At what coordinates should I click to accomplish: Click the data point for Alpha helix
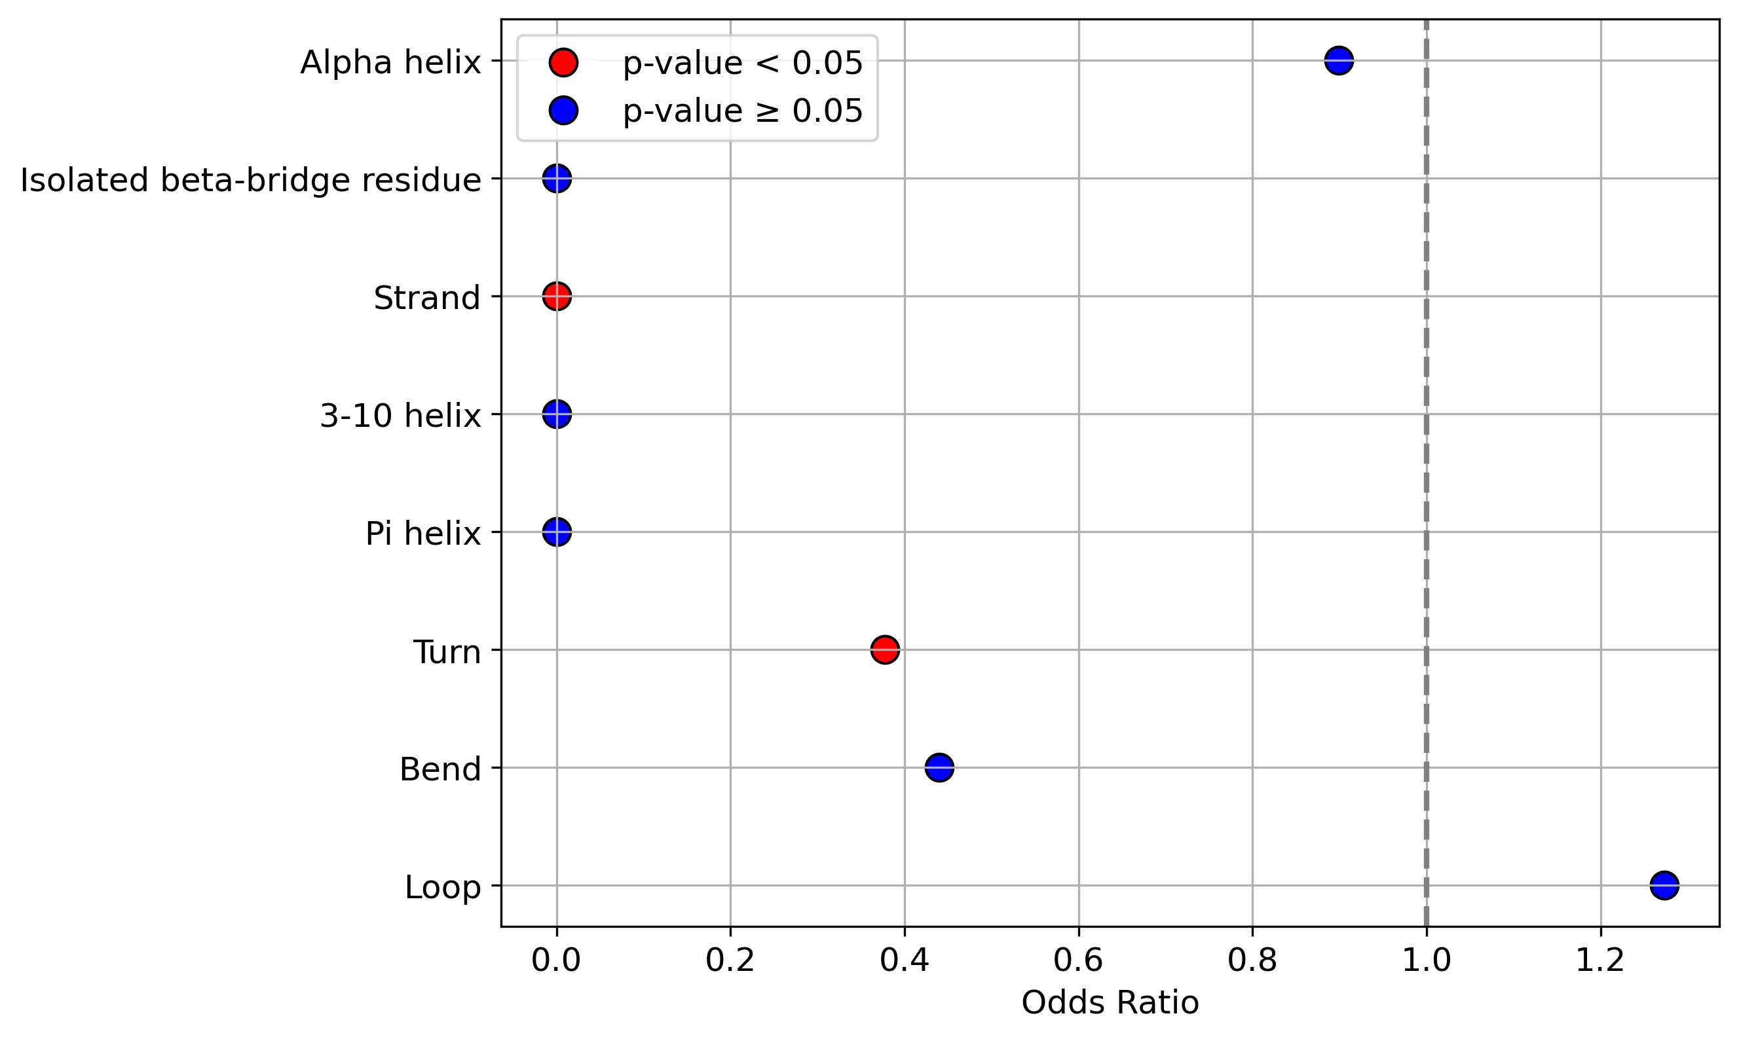[1338, 61]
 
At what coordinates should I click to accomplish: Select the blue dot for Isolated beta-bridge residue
[557, 179]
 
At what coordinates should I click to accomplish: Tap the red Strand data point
[557, 296]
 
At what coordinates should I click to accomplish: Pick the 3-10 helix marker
[557, 414]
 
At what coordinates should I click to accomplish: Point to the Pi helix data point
[557, 532]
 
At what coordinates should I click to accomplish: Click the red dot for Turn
[886, 649]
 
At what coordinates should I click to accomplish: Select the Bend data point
[939, 767]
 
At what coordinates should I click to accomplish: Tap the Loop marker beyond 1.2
[1664, 886]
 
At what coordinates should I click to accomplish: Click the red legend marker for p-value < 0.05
[564, 62]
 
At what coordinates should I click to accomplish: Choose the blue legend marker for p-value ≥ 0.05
[564, 111]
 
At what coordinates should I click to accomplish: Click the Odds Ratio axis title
[1110, 1003]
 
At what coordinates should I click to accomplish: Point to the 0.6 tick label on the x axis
[1079, 960]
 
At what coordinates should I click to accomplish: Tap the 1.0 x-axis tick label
[1427, 960]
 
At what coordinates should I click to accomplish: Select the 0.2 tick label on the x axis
[730, 960]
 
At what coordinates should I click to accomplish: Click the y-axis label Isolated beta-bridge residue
[251, 181]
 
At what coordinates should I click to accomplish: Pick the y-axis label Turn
[447, 652]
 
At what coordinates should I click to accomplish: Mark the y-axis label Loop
[443, 888]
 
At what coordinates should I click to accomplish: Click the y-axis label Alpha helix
[391, 63]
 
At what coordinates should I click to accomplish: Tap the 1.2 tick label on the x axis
[1600, 960]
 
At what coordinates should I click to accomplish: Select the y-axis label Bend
[441, 769]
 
